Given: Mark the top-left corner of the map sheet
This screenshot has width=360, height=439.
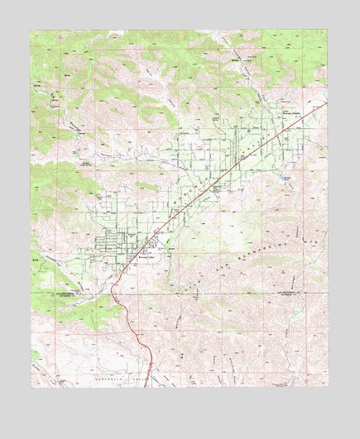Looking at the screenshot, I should [x=31, y=31].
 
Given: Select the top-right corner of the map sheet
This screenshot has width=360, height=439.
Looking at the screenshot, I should [x=328, y=31].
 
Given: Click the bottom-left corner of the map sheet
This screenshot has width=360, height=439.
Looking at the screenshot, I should [x=31, y=388].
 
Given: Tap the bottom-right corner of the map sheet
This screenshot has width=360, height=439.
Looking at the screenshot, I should [x=328, y=388].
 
